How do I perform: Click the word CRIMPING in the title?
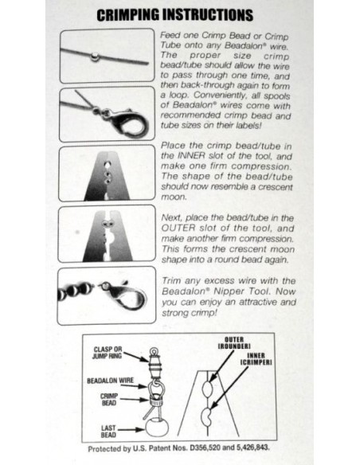[127, 15]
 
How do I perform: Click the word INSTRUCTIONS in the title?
[208, 15]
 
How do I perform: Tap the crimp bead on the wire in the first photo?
[95, 57]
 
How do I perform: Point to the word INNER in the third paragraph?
[191, 156]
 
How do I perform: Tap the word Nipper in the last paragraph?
[229, 291]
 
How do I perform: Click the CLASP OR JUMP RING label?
[108, 353]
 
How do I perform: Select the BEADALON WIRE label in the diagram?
[111, 381]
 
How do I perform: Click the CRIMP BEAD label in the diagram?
[109, 400]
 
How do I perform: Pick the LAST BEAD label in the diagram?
[108, 432]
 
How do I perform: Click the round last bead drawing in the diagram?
[157, 427]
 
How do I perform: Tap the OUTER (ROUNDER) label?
[234, 343]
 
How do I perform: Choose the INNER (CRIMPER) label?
[256, 359]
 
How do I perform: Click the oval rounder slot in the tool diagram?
[207, 389]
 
